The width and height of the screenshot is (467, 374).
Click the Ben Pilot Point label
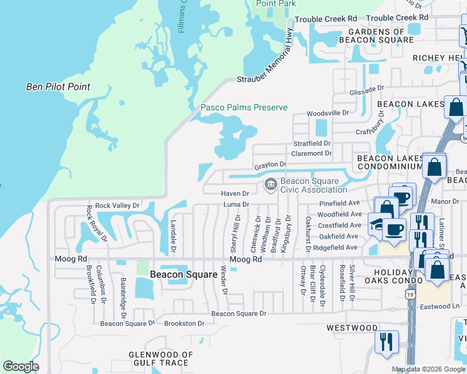click(58, 87)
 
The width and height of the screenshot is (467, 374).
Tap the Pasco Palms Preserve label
click(243, 108)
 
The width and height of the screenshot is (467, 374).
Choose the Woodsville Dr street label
click(327, 113)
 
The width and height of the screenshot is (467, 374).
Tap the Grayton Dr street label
click(270, 165)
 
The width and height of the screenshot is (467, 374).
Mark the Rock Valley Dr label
click(117, 205)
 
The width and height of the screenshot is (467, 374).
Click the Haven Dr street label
click(235, 194)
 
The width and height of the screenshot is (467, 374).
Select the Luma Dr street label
click(236, 204)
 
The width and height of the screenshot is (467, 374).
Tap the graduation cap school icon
click(376, 225)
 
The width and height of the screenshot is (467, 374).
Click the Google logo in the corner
click(21, 367)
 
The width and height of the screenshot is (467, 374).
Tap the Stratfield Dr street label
click(312, 143)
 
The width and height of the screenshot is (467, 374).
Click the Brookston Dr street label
click(184, 324)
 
